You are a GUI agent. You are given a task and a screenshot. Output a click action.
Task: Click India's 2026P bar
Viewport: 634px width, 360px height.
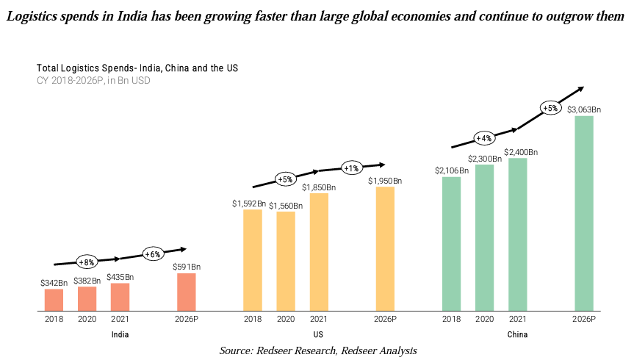[187, 292]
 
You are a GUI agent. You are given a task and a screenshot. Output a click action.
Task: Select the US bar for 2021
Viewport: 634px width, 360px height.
[319, 252]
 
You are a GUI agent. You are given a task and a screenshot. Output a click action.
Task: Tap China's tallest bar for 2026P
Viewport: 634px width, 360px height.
[584, 213]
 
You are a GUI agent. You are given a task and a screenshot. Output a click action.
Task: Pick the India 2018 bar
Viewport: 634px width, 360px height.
[54, 300]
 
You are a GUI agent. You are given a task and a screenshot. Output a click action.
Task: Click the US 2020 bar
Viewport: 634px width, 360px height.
[286, 261]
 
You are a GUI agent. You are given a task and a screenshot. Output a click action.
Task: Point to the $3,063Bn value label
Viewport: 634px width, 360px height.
[584, 109]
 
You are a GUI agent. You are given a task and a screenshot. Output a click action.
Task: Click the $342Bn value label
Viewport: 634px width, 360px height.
[54, 282]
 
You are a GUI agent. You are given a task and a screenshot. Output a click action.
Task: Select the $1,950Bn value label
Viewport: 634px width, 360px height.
[385, 180]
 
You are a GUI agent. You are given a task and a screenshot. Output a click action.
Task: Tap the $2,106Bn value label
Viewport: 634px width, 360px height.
[451, 170]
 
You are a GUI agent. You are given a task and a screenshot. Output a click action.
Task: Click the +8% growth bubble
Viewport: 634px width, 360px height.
[87, 261]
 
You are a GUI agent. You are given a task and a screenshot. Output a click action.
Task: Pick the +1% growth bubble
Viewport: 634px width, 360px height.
[351, 168]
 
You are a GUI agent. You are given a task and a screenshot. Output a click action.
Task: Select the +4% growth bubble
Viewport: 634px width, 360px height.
[483, 137]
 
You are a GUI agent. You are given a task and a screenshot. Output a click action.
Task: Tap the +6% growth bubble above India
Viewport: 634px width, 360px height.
[152, 253]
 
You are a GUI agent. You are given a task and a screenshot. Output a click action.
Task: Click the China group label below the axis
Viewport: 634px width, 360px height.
[517, 334]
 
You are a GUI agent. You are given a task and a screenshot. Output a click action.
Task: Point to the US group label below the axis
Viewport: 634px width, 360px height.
[319, 334]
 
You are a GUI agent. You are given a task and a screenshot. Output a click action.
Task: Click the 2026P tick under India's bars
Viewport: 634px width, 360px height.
[187, 320]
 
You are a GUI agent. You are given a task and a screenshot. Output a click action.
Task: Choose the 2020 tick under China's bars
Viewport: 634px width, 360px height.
[484, 320]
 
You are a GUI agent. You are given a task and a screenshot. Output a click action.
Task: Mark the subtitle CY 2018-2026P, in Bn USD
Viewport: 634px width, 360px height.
[93, 80]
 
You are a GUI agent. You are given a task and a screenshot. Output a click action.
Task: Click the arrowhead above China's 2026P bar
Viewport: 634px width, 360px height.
[580, 88]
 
